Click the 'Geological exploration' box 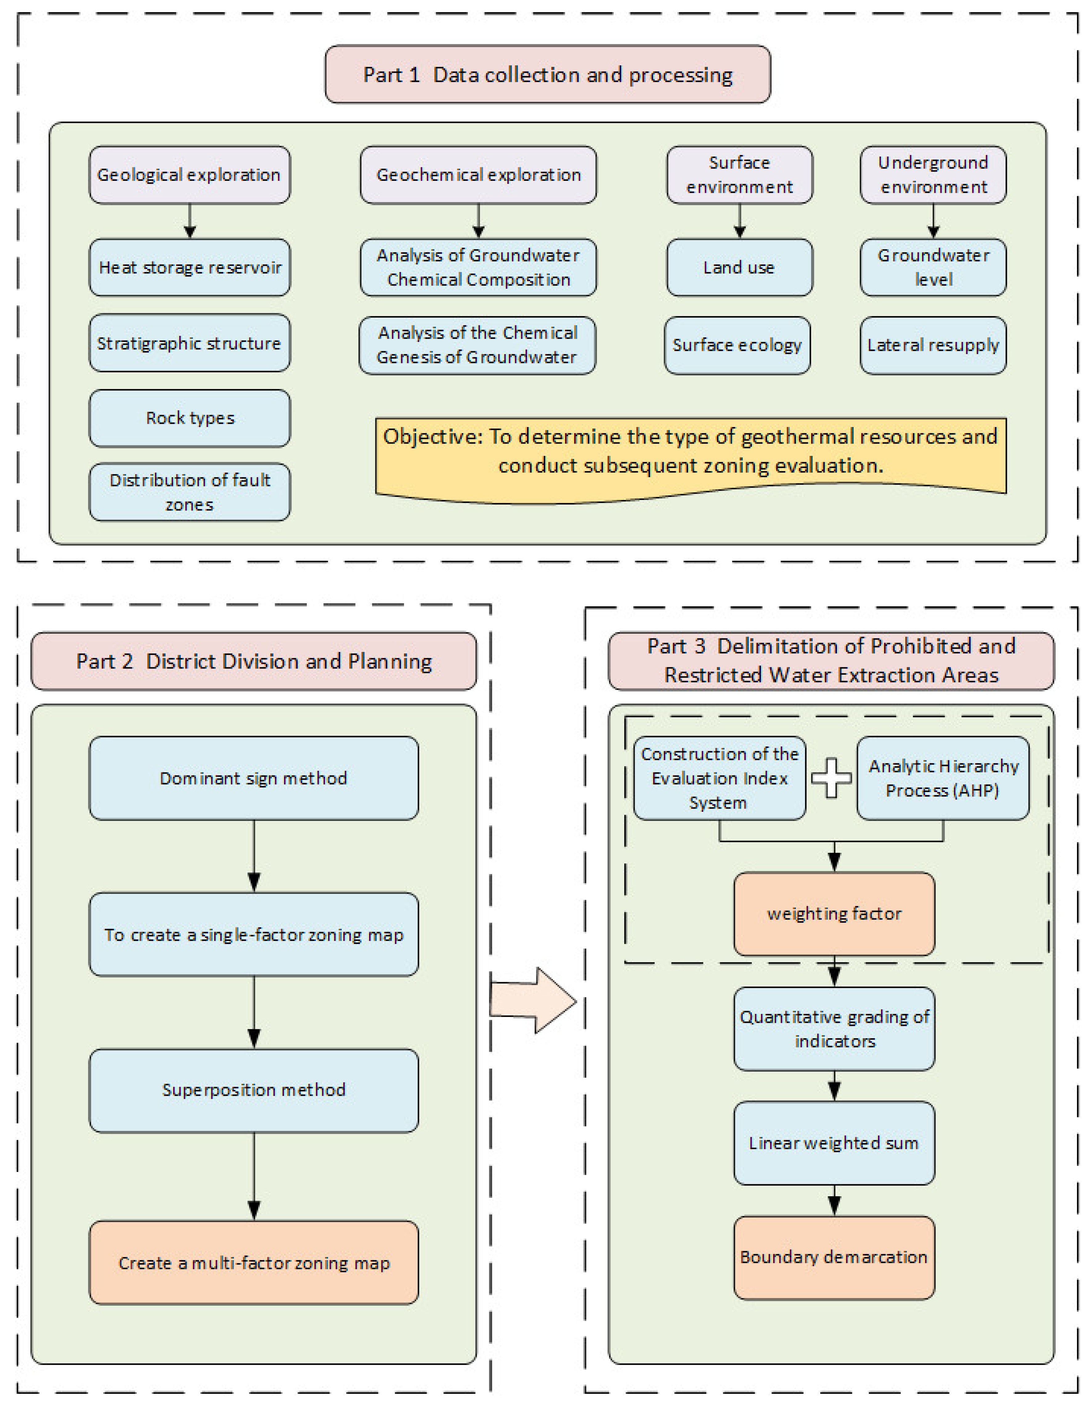point(189,175)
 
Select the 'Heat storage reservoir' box point(189,267)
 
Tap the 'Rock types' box point(189,418)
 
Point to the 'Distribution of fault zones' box point(189,492)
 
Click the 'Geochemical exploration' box point(478,175)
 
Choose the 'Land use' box point(739,267)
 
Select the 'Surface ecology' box point(737,345)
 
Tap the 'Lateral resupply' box point(933,345)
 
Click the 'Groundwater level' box point(933,267)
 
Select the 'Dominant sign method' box point(254,778)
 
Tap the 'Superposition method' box point(254,1090)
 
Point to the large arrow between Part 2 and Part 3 point(534,1001)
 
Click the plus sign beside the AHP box point(831,778)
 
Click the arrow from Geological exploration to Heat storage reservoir point(189,221)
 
